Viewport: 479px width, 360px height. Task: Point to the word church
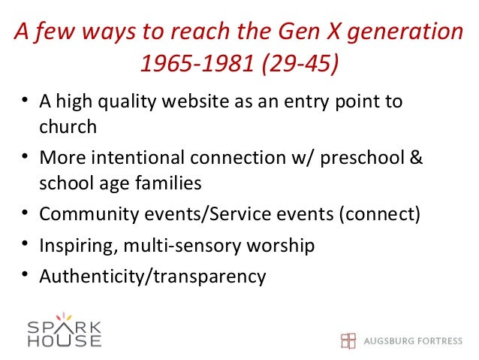(x=68, y=126)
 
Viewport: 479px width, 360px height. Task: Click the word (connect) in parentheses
(x=380, y=214)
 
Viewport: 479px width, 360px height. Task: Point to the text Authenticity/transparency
(x=152, y=277)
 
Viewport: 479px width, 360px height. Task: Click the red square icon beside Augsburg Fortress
(x=348, y=340)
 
